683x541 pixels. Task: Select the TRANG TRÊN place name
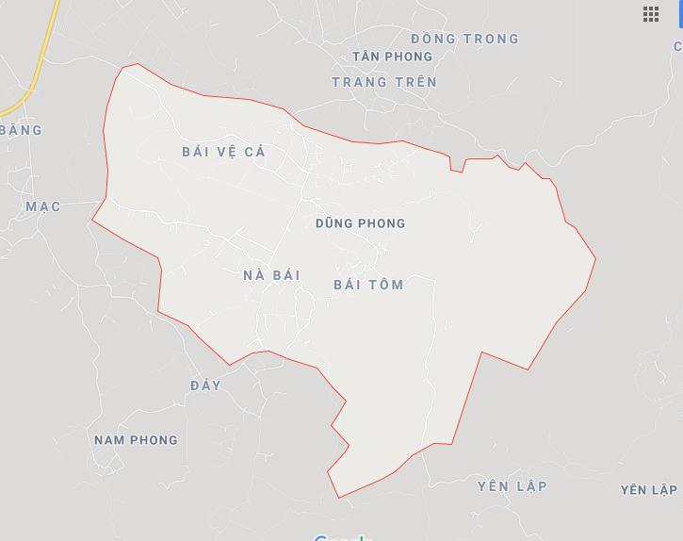[x=384, y=82]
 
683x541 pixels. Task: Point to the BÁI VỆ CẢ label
[x=224, y=152]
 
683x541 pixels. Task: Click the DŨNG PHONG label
[x=361, y=223]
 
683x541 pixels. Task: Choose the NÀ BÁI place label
[x=271, y=275]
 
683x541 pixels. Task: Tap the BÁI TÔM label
[x=368, y=285]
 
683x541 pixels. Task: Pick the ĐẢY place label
[x=205, y=385]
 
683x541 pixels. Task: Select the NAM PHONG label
[x=136, y=440]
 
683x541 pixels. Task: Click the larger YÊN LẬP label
[x=512, y=486]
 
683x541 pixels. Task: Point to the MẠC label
[x=43, y=206]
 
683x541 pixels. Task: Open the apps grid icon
[x=651, y=13]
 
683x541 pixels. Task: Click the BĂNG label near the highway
[x=22, y=130]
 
